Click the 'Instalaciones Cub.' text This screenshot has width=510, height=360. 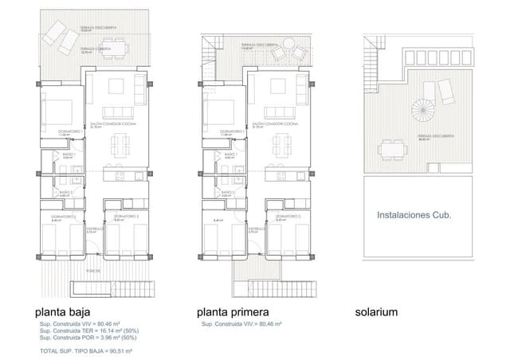tap(414, 215)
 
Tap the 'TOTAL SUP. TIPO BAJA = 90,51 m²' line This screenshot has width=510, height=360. tap(85, 350)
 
